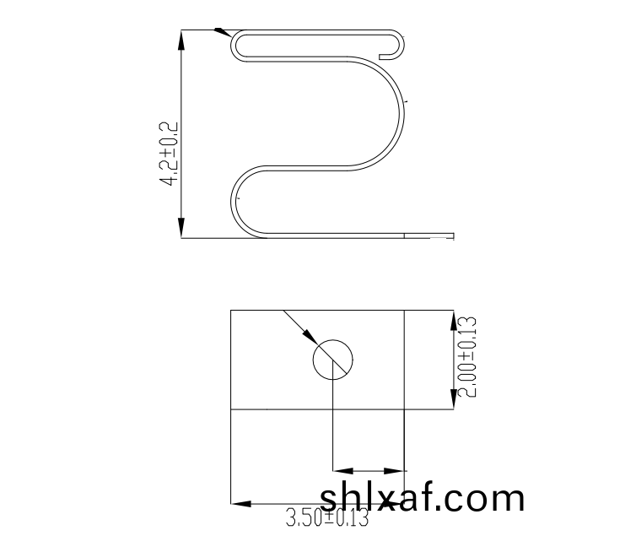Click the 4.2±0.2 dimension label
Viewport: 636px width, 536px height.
pos(169,154)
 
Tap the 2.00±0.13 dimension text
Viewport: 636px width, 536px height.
pos(466,357)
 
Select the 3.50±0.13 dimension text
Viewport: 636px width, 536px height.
pos(327,517)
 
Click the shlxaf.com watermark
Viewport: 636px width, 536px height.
pos(423,498)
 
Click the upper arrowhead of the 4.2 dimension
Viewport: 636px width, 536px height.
pos(181,40)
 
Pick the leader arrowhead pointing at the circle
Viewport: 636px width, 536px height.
pos(310,336)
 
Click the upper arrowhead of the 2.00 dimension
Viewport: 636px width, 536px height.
pos(454,321)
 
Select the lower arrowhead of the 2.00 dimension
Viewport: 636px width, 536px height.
pos(454,399)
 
